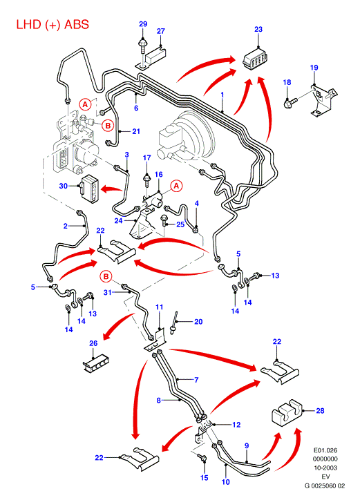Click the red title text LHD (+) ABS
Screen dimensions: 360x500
point(53,25)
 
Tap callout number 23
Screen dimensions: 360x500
point(258,29)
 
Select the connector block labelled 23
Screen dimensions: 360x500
point(256,59)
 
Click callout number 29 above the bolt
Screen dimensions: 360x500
point(143,24)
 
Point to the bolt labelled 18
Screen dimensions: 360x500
point(290,103)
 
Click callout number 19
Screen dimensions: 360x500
point(314,68)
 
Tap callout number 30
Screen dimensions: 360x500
point(63,186)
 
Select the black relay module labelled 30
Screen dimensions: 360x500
point(88,189)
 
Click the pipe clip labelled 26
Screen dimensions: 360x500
point(97,363)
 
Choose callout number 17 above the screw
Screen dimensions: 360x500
point(146,158)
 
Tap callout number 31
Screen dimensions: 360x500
point(108,292)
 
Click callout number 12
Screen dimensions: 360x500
point(236,425)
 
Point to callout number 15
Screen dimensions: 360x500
point(205,477)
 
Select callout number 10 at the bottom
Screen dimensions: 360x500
point(226,481)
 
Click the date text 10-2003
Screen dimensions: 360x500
point(325,468)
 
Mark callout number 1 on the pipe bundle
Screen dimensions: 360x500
point(222,95)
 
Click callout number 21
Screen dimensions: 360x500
point(136,131)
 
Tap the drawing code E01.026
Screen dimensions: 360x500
point(325,450)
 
